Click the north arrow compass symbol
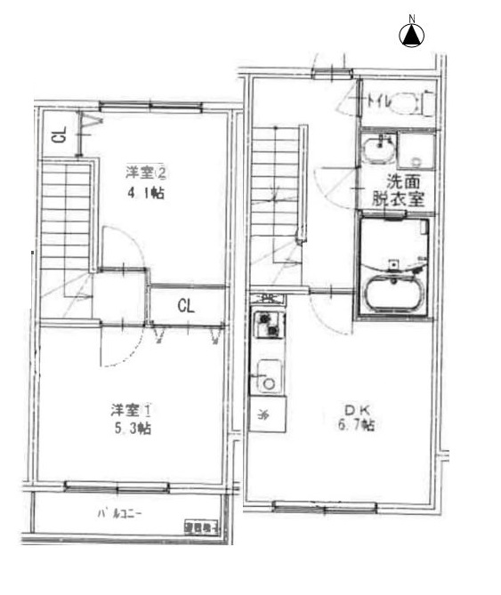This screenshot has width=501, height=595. pyautogui.click(x=412, y=35)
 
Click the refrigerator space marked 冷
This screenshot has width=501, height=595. pyautogui.click(x=263, y=413)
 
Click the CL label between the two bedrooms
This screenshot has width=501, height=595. pyautogui.click(x=186, y=307)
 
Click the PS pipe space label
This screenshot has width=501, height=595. pyautogui.click(x=266, y=299)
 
